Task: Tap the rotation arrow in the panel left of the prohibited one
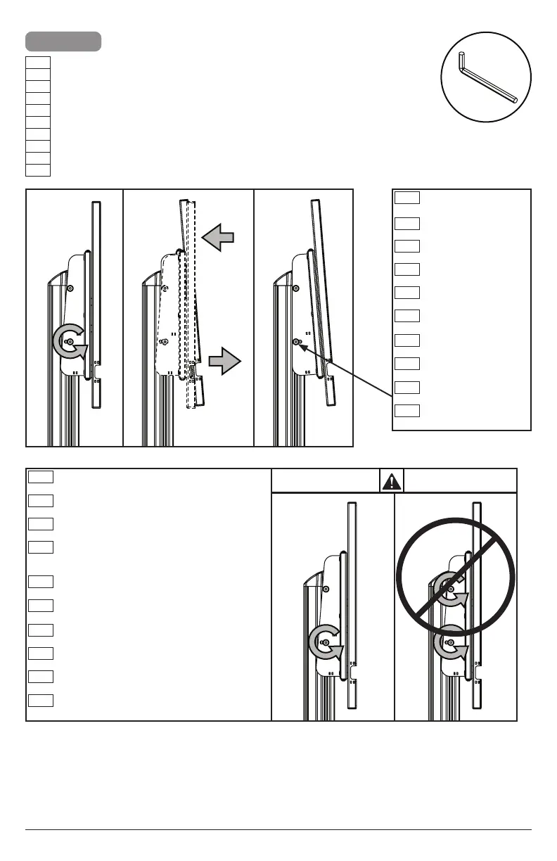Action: [326, 641]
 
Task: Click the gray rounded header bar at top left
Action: [63, 41]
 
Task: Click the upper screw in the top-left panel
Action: [70, 288]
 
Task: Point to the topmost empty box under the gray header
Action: [38, 62]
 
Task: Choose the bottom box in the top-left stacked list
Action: [38, 170]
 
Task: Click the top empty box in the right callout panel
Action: [406, 197]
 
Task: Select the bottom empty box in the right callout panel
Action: [406, 410]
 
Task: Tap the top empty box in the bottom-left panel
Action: [41, 477]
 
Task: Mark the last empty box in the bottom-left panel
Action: [41, 700]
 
